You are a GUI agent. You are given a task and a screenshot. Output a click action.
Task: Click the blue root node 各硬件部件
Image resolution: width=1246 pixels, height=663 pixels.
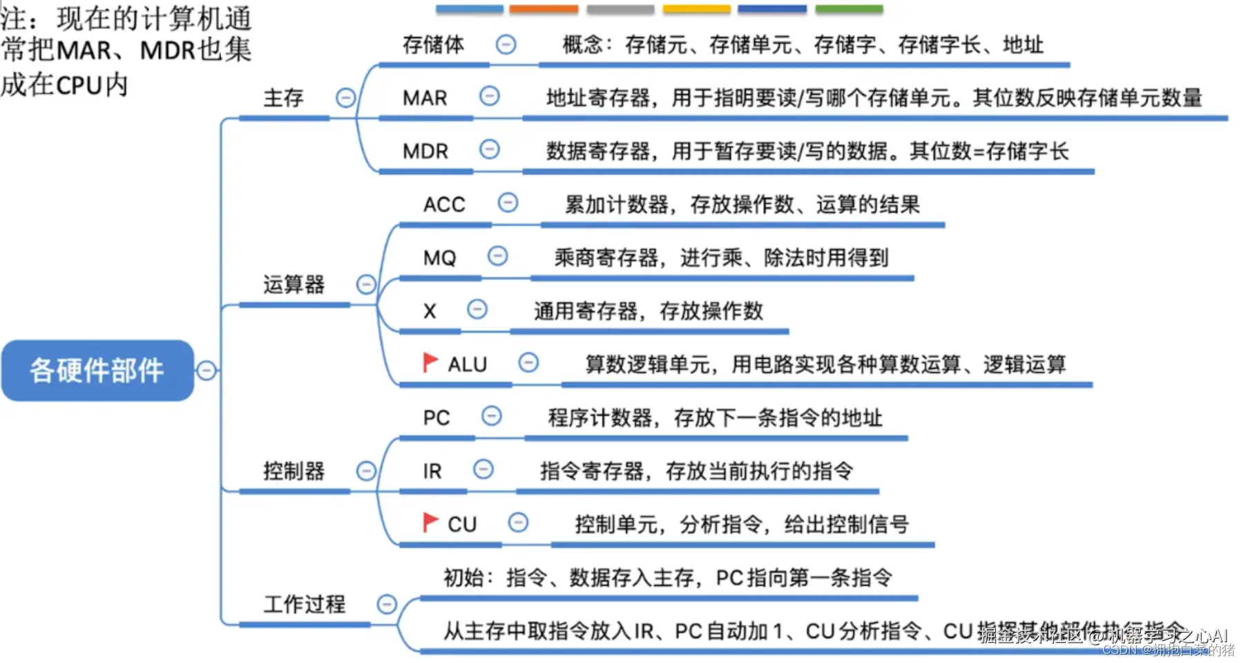click(x=97, y=370)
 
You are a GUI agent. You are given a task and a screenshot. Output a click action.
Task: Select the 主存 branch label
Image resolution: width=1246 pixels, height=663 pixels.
click(x=283, y=98)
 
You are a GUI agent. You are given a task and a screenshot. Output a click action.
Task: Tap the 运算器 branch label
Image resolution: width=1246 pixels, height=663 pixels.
click(x=294, y=284)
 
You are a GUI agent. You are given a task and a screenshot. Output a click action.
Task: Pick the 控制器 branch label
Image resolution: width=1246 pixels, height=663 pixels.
click(x=294, y=471)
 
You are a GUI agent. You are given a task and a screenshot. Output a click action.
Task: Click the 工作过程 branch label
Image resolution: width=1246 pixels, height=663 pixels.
click(x=304, y=604)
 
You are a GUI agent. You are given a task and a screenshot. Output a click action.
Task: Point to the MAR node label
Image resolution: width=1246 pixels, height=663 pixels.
click(x=425, y=98)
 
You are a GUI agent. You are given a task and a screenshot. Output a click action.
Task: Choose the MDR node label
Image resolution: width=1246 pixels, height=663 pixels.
click(x=425, y=151)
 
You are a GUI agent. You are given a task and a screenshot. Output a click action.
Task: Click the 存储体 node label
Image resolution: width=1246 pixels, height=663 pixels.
click(x=433, y=45)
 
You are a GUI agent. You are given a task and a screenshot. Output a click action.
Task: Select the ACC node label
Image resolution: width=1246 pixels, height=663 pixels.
click(x=444, y=205)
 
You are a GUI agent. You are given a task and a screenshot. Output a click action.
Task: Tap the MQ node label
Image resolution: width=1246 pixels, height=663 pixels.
click(x=439, y=258)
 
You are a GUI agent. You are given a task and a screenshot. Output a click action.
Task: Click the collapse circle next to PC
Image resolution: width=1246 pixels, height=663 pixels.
click(x=491, y=416)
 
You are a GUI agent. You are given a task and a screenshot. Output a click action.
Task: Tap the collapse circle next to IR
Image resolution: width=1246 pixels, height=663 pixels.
click(x=483, y=469)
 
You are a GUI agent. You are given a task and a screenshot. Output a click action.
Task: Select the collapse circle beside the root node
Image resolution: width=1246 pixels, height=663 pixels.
click(x=206, y=371)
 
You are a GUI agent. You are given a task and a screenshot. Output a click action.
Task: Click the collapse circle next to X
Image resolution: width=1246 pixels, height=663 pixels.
click(x=477, y=309)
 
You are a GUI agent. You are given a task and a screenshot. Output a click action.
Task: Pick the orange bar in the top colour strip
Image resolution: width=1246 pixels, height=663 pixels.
click(x=544, y=9)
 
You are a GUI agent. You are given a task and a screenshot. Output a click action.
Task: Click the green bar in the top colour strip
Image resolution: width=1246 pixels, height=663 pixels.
click(x=849, y=9)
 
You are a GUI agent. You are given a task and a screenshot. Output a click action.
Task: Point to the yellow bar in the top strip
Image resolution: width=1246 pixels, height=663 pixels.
click(x=696, y=9)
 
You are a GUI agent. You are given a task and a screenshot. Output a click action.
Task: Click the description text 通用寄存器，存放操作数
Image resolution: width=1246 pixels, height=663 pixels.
click(x=648, y=311)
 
